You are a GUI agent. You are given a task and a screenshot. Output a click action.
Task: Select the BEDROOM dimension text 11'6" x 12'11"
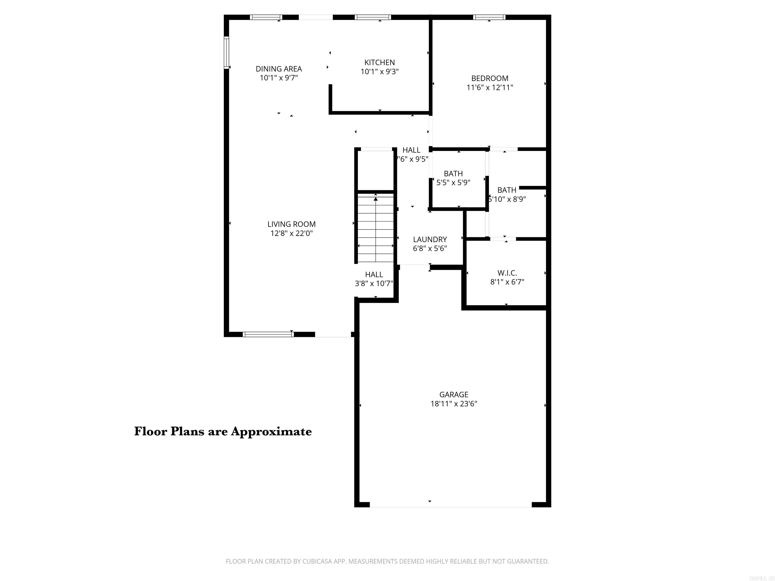[x=489, y=88]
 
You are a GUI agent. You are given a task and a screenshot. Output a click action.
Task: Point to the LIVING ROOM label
[x=291, y=224]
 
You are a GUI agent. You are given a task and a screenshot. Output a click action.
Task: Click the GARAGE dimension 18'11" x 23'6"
[x=453, y=404]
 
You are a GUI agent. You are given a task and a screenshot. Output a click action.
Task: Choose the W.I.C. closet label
[x=507, y=273]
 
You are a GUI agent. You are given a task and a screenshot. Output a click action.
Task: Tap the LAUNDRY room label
[x=430, y=240]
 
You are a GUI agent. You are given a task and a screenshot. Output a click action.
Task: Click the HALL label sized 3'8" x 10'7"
[x=374, y=275]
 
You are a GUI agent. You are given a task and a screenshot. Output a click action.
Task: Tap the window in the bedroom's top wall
[x=489, y=17]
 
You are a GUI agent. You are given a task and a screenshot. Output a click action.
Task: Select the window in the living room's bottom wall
[x=268, y=334]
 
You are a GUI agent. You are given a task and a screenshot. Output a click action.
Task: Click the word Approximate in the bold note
[x=271, y=431]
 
